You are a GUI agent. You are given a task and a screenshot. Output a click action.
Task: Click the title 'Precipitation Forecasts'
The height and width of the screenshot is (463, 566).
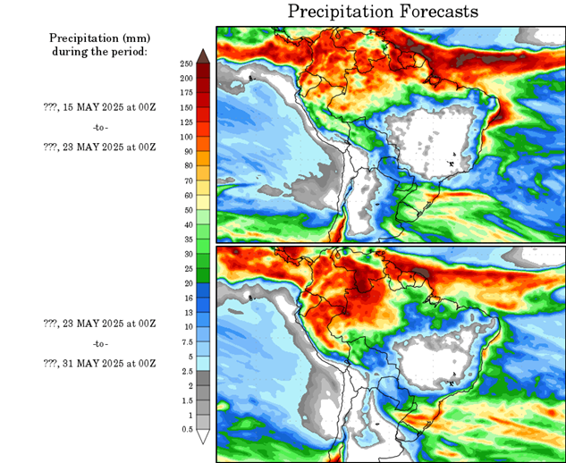(383, 12)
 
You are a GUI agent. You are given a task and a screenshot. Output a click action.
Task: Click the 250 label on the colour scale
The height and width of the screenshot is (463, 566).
(186, 63)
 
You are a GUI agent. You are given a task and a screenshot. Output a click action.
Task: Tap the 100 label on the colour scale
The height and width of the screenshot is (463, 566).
(186, 137)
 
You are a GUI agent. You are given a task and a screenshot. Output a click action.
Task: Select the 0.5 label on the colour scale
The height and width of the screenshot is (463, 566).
(186, 430)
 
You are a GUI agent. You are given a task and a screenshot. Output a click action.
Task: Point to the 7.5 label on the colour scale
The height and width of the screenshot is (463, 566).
(186, 341)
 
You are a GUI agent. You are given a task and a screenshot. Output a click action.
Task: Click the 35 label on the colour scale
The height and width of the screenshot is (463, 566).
(186, 240)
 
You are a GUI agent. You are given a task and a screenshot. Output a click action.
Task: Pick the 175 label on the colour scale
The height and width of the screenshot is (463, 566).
(186, 93)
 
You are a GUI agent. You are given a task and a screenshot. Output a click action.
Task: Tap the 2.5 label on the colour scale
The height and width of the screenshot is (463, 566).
(186, 371)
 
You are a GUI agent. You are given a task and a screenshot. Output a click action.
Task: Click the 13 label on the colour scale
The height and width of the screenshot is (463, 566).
(186, 313)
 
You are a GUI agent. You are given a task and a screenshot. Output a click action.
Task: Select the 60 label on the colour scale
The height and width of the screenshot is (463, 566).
(186, 196)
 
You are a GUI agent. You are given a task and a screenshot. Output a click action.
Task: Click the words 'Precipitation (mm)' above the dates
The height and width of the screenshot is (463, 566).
(99, 38)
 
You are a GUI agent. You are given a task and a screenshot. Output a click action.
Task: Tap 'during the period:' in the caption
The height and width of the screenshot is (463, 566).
(99, 51)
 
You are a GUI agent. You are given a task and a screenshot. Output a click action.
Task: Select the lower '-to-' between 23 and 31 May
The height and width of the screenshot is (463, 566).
(99, 344)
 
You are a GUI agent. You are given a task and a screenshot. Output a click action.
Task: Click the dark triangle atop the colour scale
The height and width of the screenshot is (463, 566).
(203, 56)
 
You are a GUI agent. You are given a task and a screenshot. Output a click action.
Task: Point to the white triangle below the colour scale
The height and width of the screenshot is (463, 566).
(203, 437)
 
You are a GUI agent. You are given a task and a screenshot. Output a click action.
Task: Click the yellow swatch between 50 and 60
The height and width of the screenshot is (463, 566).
(203, 202)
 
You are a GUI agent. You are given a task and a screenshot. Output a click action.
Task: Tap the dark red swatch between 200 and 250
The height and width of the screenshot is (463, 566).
(203, 71)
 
